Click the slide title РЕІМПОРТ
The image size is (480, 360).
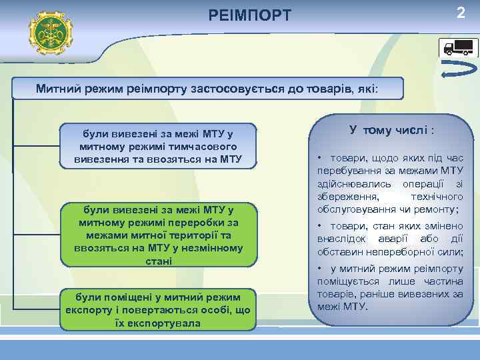[249, 14]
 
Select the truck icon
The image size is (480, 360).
[459, 47]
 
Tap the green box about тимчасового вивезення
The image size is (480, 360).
[158, 145]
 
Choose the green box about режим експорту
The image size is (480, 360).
[158, 309]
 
